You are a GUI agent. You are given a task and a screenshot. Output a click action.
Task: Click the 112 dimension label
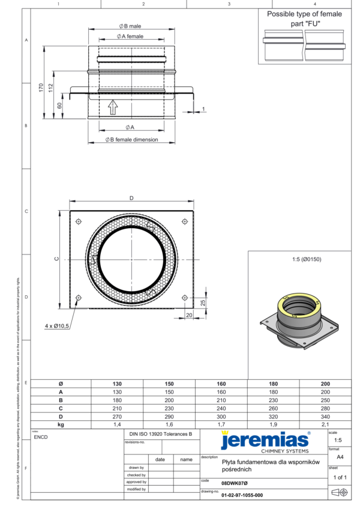[52, 88]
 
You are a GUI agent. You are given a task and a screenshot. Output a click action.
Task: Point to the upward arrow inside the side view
[112, 107]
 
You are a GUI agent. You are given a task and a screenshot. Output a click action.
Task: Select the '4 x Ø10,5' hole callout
[58, 326]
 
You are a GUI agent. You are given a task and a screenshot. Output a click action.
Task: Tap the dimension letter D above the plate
[131, 199]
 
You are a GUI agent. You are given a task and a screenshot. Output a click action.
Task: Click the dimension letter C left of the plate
[56, 259]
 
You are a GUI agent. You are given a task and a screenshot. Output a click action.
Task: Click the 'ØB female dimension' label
[131, 139]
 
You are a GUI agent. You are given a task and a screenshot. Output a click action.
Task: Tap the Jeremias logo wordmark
[265, 441]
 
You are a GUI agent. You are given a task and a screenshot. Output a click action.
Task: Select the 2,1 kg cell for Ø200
[325, 424]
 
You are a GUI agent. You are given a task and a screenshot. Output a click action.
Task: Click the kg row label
[61, 424]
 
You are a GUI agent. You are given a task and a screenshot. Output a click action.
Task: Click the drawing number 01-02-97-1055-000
[242, 496]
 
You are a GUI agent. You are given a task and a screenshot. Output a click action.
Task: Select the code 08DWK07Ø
[234, 483]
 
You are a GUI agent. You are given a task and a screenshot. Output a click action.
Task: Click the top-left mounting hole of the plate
[79, 221]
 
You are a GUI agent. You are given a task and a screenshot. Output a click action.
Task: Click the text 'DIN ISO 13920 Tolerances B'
[161, 433]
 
